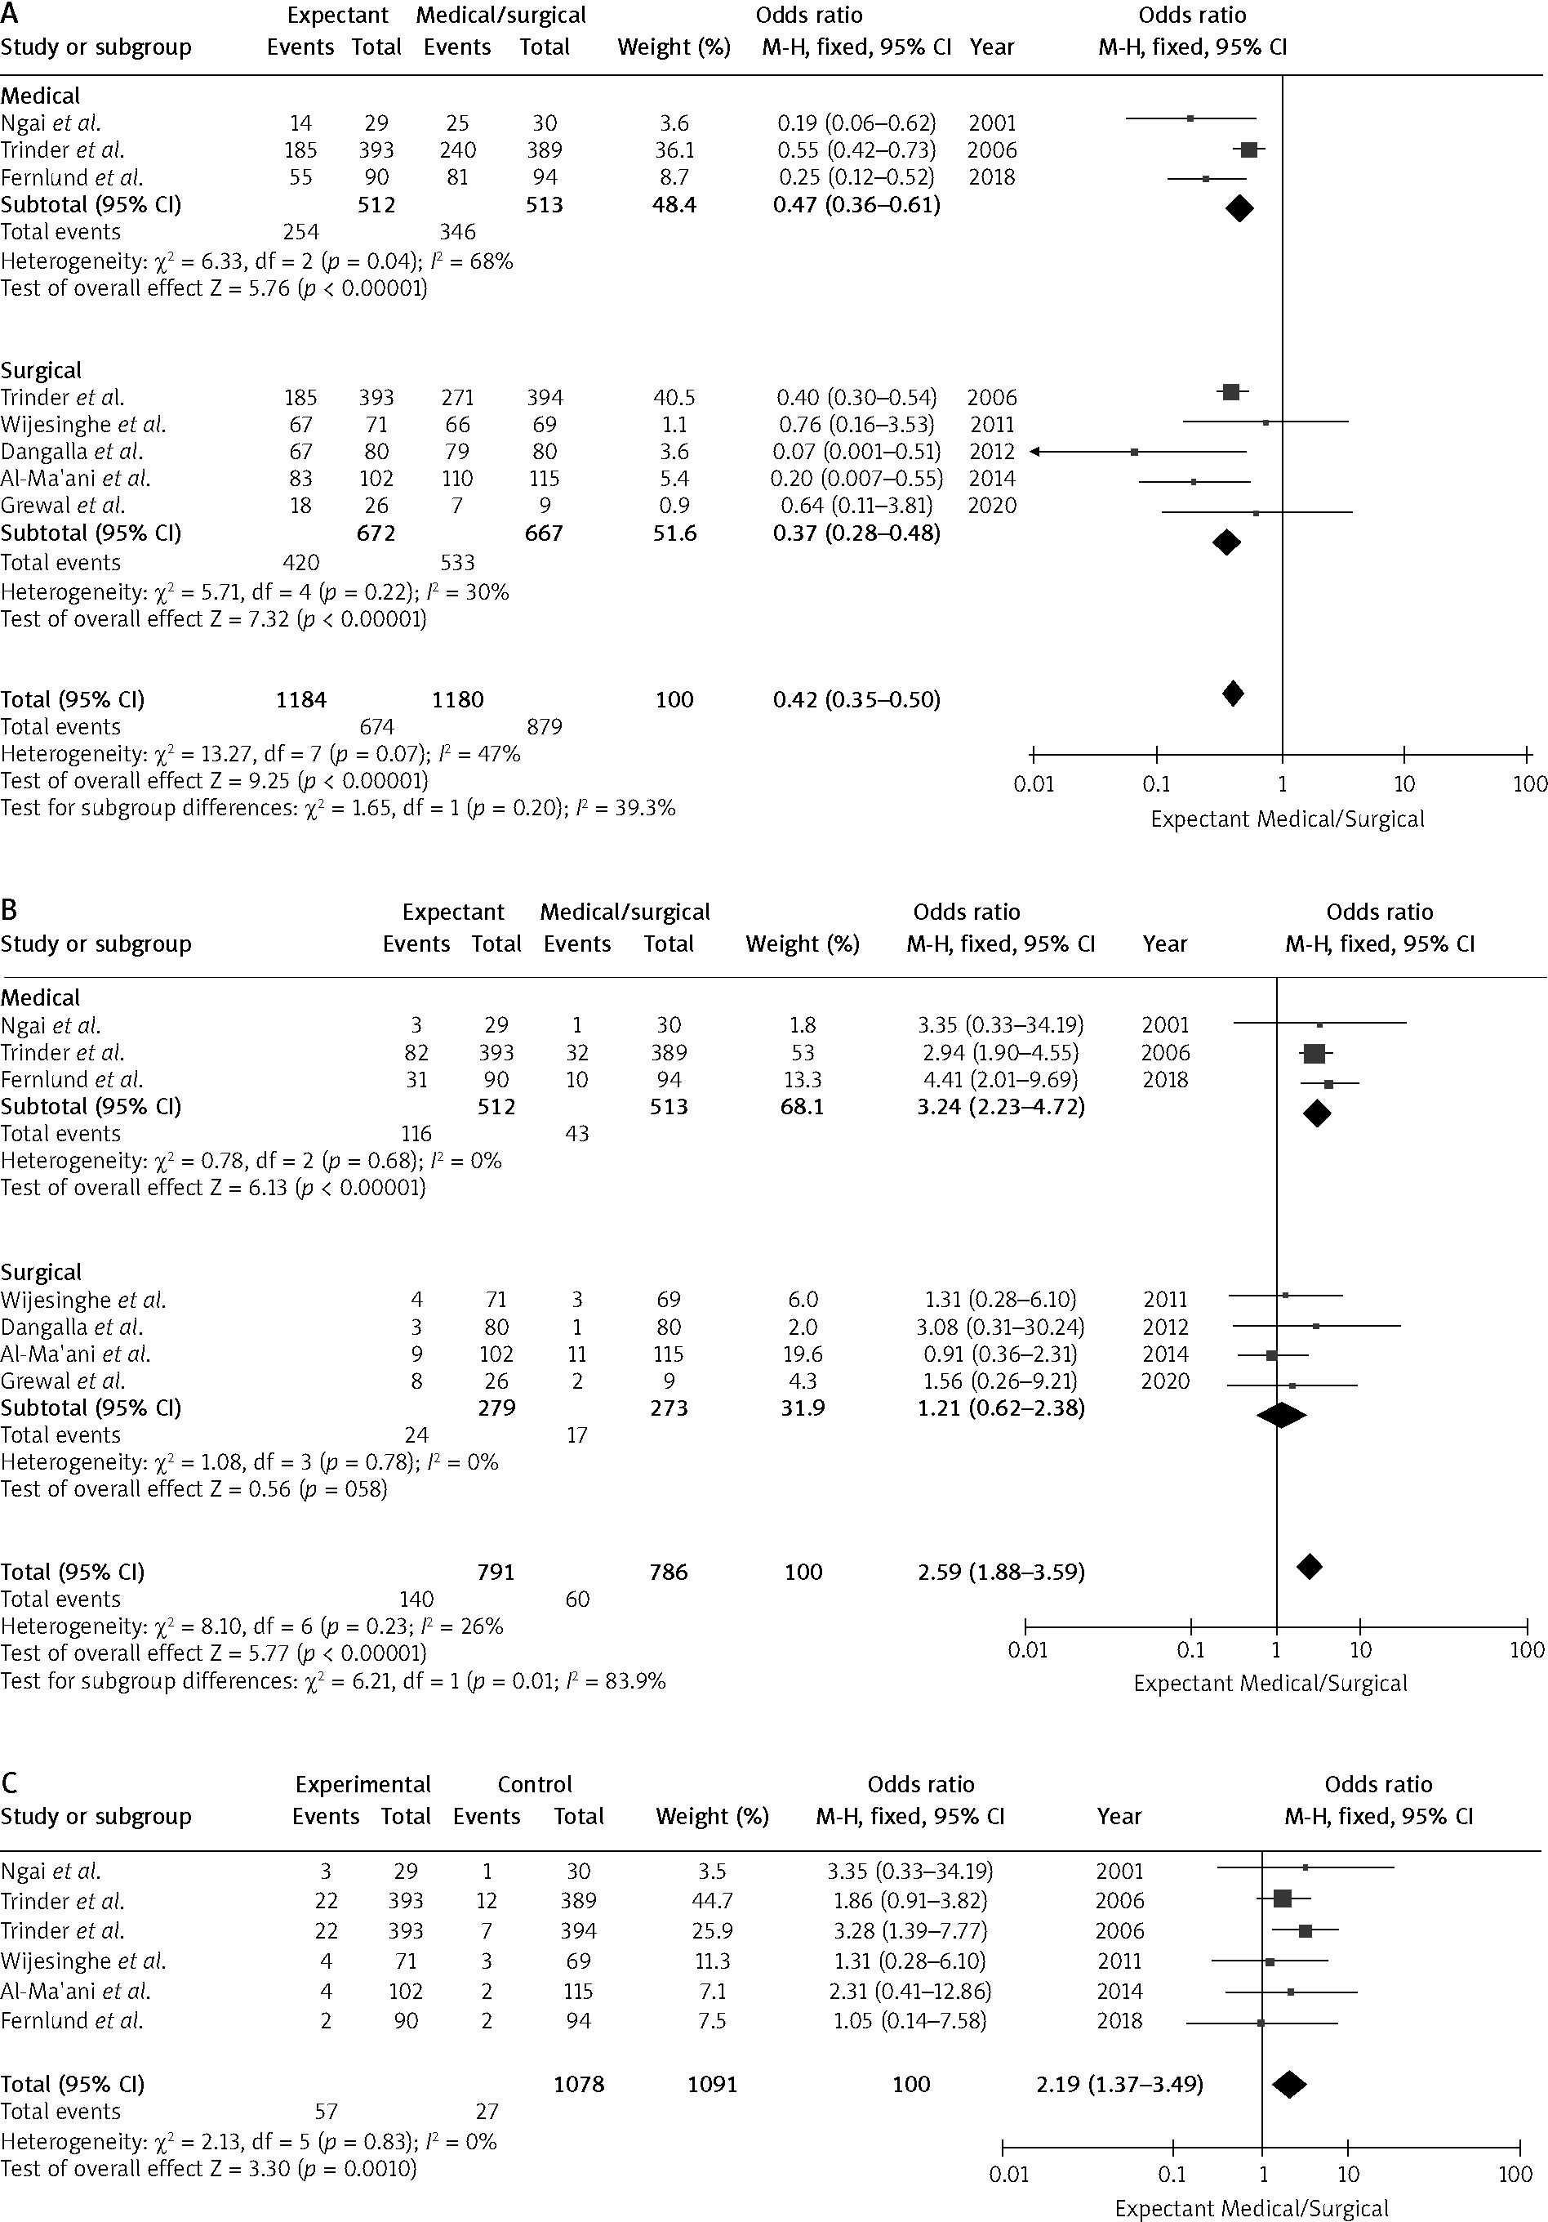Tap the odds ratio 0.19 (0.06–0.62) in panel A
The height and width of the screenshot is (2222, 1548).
856,123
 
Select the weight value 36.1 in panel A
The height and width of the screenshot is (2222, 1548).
674,150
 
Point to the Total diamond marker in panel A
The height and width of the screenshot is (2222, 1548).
1233,693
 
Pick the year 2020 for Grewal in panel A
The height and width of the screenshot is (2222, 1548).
992,505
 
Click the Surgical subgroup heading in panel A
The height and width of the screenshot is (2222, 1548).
41,371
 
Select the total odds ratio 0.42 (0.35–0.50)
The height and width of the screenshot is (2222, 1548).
856,700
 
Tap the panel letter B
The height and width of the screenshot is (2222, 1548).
9,910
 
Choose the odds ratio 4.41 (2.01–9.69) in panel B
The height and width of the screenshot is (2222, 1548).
1000,1079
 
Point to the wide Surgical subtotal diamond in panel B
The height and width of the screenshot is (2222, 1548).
1281,1415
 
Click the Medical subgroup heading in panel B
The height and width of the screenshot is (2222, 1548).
41,997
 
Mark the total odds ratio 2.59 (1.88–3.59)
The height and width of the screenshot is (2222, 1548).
1000,1572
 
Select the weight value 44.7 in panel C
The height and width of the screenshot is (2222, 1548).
712,1901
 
